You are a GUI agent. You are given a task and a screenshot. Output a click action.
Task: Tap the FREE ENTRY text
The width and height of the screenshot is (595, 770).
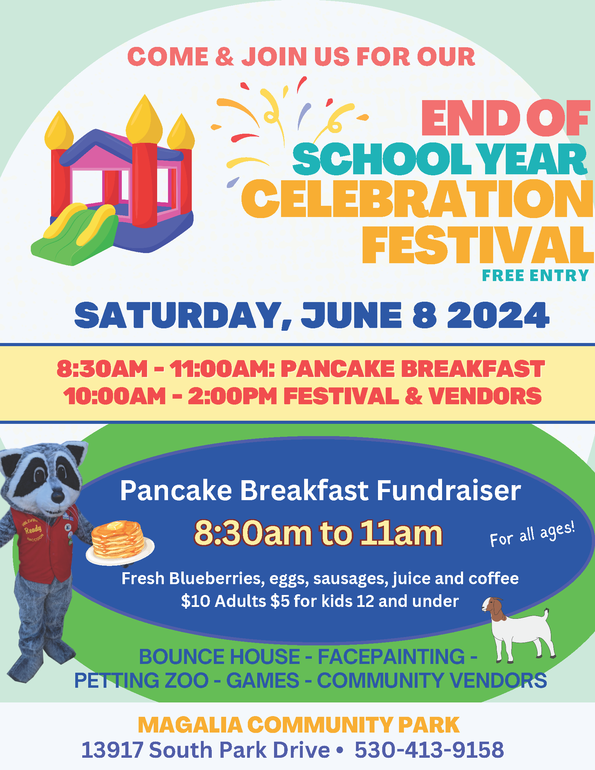(535, 275)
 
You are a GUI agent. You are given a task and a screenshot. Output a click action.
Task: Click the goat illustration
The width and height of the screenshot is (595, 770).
(518, 630)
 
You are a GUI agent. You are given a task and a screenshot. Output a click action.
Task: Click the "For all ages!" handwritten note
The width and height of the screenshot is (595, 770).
(533, 534)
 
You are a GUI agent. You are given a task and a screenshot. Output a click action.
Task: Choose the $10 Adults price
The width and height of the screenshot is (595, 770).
(224, 601)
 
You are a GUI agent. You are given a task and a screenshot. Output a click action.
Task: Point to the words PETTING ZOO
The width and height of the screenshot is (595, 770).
(141, 680)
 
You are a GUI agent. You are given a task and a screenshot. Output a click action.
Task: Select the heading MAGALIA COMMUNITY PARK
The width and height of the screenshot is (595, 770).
(299, 725)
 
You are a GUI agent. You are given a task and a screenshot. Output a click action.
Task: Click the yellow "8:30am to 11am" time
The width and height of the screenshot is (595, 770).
(318, 533)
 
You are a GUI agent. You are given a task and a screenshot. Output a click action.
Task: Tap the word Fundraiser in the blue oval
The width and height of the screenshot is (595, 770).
(449, 490)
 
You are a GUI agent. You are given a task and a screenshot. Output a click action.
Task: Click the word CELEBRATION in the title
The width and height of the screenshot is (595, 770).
(418, 199)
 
